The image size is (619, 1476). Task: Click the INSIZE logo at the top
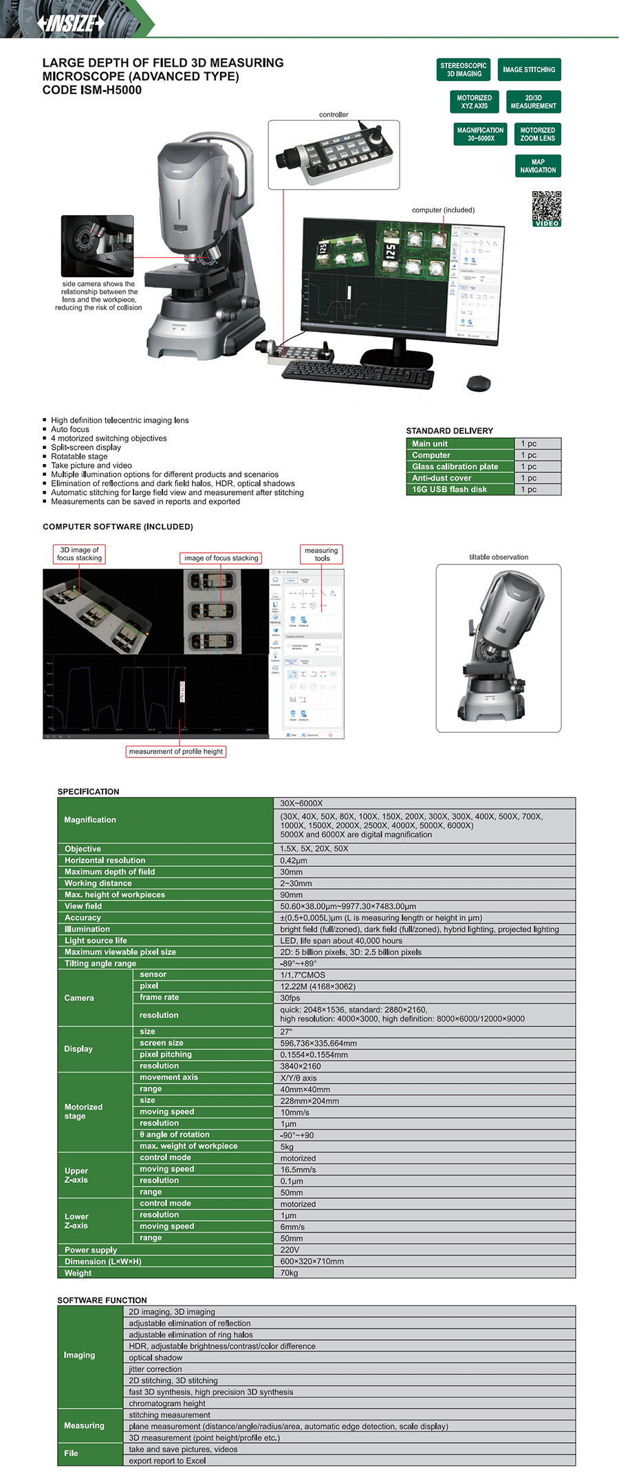pyautogui.click(x=72, y=23)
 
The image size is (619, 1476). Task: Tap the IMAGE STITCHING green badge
pyautogui.click(x=528, y=69)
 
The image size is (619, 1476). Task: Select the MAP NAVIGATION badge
pyautogui.click(x=538, y=166)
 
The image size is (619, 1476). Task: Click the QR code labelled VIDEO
pyautogui.click(x=547, y=208)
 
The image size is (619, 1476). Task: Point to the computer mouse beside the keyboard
pyautogui.click(x=479, y=382)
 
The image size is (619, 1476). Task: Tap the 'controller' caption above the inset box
pyautogui.click(x=334, y=115)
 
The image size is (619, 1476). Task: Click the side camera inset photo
pyautogui.click(x=97, y=245)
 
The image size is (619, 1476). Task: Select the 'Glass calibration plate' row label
pyautogui.click(x=455, y=467)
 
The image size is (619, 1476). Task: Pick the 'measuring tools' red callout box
pyautogui.click(x=321, y=554)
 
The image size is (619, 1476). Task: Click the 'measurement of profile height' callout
pyautogui.click(x=175, y=751)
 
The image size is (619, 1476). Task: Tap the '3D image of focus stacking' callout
pyautogui.click(x=79, y=554)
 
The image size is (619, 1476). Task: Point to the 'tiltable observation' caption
pyautogui.click(x=499, y=557)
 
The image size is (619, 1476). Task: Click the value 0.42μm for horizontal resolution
pyautogui.click(x=294, y=860)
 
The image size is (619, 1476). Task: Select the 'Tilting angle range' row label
pyautogui.click(x=100, y=963)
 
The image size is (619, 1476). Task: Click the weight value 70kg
pyautogui.click(x=289, y=1273)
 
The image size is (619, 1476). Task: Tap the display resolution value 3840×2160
pyautogui.click(x=301, y=1066)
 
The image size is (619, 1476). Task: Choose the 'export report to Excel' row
pyautogui.click(x=167, y=1460)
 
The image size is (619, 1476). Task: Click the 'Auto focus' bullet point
pyautogui.click(x=70, y=429)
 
